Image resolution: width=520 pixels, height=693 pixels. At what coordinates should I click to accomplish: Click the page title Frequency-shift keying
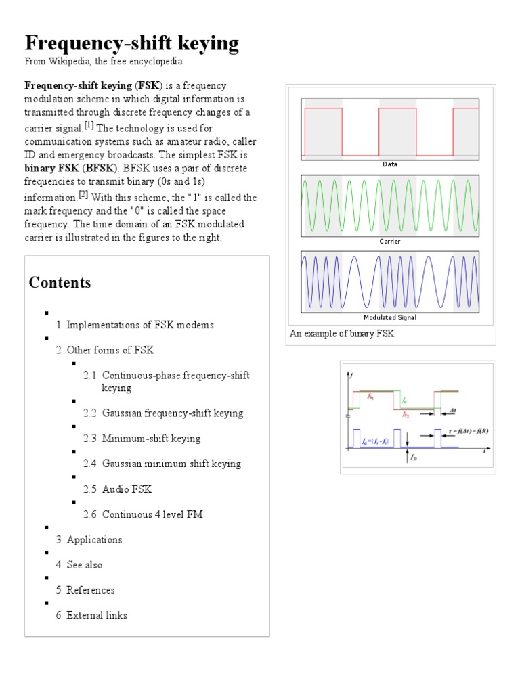(x=132, y=43)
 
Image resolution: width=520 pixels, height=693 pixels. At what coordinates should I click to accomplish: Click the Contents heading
(x=60, y=283)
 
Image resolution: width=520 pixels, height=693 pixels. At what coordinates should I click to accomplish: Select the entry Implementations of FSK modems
(x=139, y=325)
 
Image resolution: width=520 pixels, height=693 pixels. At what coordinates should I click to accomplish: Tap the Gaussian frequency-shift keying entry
(x=172, y=413)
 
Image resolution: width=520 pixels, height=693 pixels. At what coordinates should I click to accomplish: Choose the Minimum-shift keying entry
(x=151, y=438)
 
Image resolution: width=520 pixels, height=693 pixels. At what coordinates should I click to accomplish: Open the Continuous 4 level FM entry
(x=152, y=514)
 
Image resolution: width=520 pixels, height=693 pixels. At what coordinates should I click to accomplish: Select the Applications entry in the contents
(x=94, y=539)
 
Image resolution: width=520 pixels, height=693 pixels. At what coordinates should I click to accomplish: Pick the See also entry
(x=84, y=564)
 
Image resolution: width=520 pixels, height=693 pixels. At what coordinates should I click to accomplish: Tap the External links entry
(x=96, y=615)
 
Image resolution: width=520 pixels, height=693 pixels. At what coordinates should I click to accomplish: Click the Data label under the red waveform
(x=390, y=164)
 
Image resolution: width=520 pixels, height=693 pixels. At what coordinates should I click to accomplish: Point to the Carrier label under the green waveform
(x=390, y=241)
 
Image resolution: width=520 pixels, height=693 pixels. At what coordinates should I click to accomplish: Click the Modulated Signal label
(x=390, y=317)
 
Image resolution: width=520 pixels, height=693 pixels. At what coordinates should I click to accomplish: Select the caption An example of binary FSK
(x=342, y=334)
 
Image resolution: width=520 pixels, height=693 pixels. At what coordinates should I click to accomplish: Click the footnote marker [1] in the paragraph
(x=89, y=126)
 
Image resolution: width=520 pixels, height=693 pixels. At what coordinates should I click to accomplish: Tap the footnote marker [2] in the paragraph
(x=83, y=195)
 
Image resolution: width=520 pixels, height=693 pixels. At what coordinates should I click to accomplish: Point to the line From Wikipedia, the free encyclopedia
(x=104, y=62)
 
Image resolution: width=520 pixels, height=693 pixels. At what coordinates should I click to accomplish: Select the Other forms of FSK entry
(x=110, y=350)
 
